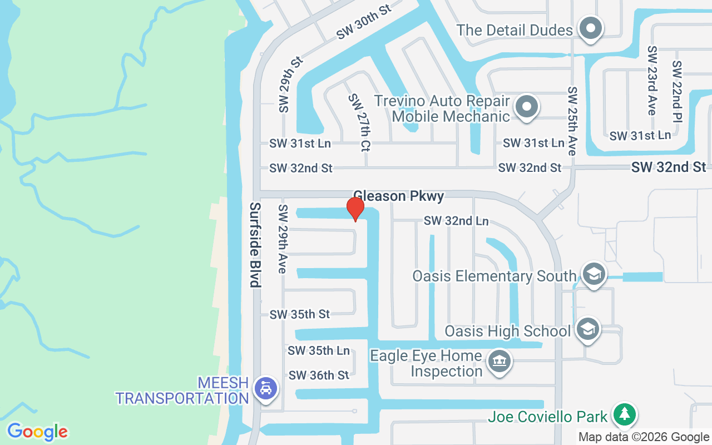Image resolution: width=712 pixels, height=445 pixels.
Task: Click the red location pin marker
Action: click(355, 209)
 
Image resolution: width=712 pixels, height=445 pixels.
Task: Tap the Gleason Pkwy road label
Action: click(399, 196)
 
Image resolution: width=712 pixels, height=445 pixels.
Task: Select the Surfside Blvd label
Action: click(255, 245)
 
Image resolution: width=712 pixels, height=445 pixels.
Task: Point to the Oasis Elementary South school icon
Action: click(594, 274)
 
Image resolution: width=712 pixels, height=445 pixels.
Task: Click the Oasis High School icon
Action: click(587, 329)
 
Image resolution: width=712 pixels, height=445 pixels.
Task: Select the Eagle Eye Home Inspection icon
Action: click(499, 362)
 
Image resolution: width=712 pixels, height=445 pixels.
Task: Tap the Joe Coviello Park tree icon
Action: click(625, 414)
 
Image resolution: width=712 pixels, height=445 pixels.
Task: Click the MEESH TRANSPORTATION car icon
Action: click(266, 388)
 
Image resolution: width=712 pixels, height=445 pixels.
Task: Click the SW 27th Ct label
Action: click(359, 122)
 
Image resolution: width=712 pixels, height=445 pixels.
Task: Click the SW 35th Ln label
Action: click(319, 350)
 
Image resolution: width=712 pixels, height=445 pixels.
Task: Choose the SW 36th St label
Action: click(319, 375)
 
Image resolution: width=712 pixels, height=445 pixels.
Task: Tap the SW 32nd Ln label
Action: click(456, 221)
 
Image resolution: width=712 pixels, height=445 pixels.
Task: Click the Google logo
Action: click(38, 432)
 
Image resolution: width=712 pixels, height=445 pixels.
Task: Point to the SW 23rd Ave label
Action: click(652, 81)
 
